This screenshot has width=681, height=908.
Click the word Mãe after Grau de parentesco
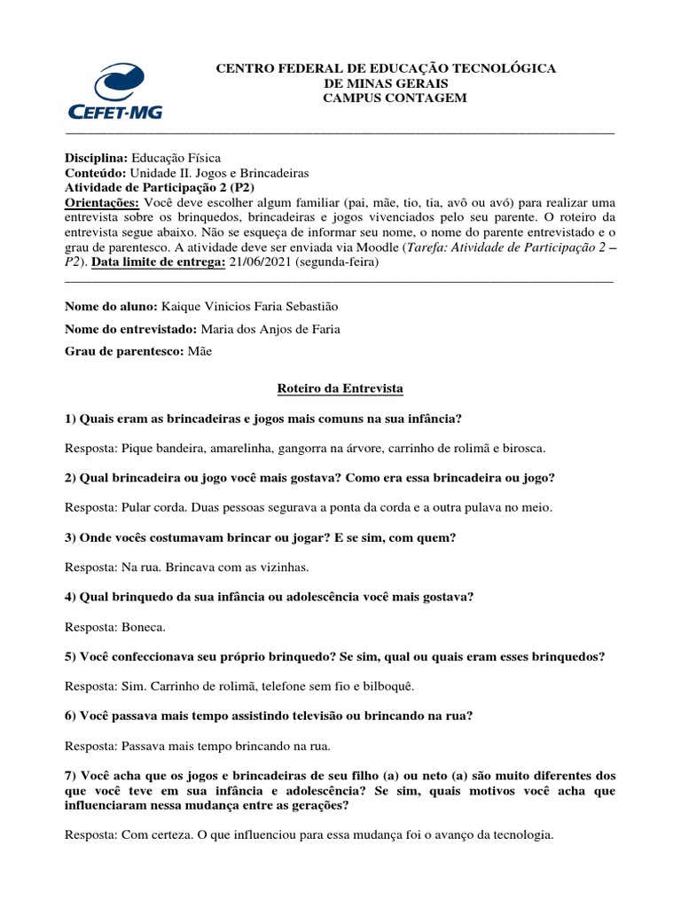pyautogui.click(x=200, y=351)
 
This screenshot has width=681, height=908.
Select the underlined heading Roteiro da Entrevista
pyautogui.click(x=340, y=388)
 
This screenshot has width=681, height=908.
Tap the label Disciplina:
pyautogui.click(x=97, y=156)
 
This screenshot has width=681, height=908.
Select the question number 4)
pyautogui.click(x=71, y=597)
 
